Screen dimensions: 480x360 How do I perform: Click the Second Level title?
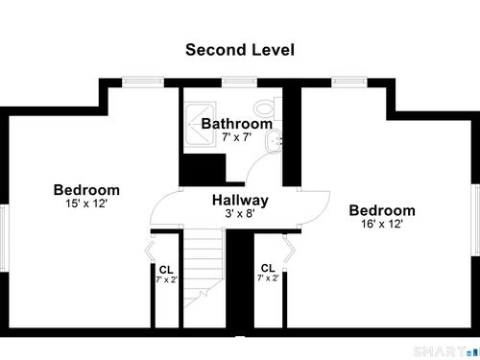click(240, 50)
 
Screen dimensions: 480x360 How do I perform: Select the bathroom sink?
click(273, 141)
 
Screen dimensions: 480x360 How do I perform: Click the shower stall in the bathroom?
click(201, 124)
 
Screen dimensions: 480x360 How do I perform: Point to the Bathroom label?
click(237, 124)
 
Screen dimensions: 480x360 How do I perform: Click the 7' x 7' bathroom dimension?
click(236, 137)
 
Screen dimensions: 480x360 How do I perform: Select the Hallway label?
click(240, 201)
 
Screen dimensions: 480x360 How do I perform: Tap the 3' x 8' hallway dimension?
click(240, 213)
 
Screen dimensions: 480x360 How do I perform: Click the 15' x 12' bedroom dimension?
click(86, 204)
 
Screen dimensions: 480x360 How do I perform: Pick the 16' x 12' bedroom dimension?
click(382, 224)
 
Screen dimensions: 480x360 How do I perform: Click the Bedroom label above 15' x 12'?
click(86, 190)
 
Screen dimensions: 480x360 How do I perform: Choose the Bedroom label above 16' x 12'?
click(382, 210)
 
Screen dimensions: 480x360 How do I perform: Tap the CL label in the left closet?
click(166, 270)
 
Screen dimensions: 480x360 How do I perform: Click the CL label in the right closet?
click(268, 268)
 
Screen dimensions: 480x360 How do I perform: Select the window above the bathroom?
click(239, 81)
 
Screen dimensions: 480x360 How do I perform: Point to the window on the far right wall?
click(476, 220)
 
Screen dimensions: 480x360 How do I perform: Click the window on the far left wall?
click(3, 237)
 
